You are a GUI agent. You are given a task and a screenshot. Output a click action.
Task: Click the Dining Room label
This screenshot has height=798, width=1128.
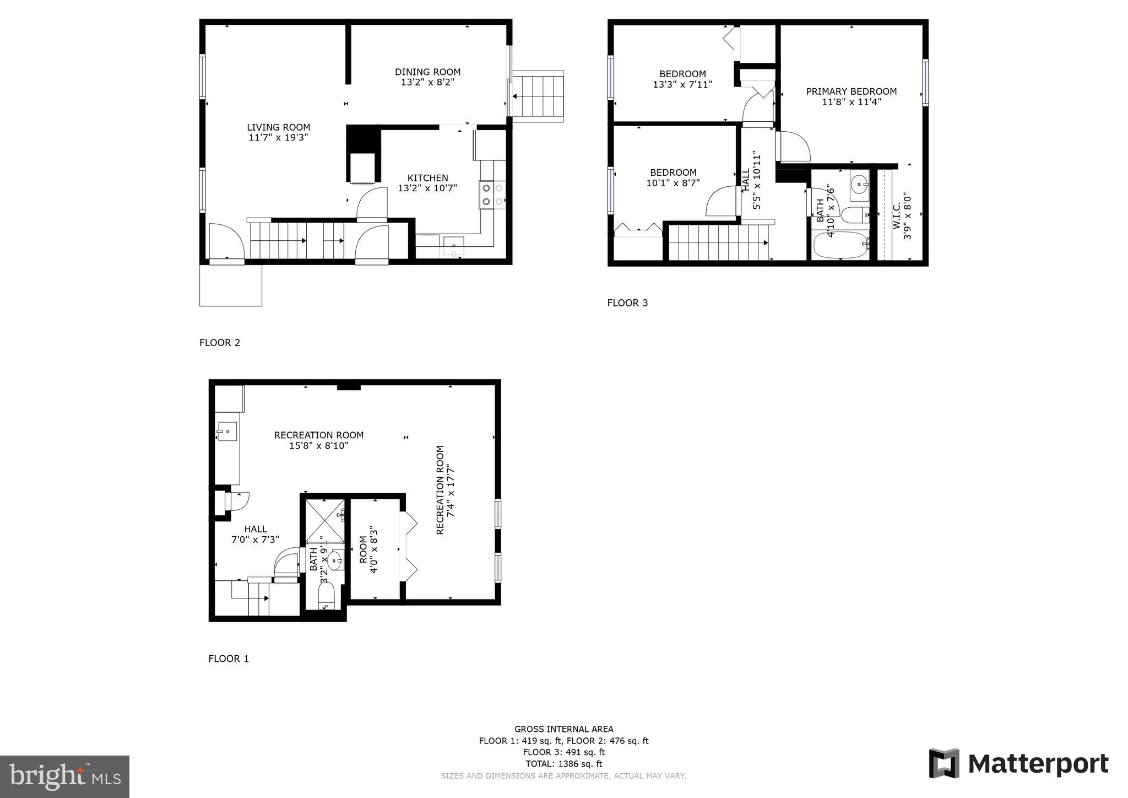point(427,72)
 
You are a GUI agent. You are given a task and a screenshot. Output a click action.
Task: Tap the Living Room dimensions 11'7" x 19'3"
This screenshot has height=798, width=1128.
point(278,138)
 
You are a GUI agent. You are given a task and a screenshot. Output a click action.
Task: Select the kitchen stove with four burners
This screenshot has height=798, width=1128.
point(492,195)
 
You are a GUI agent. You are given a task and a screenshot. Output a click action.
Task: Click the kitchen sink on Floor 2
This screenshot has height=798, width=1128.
point(454,246)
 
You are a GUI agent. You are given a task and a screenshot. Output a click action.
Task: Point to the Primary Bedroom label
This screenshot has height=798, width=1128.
point(851,91)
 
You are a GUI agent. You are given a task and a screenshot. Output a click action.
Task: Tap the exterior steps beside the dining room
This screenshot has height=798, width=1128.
point(538,96)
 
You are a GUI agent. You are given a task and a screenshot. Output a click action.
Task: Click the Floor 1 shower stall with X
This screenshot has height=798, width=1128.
point(324,521)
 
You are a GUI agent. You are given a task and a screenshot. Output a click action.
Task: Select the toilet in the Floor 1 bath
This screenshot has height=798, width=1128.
point(326,596)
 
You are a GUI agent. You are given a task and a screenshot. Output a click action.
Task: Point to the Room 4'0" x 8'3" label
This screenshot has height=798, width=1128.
point(368,554)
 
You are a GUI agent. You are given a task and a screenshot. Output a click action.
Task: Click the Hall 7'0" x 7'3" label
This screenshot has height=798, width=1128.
point(255,534)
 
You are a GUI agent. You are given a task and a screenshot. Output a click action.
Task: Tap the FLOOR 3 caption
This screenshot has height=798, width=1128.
point(627,303)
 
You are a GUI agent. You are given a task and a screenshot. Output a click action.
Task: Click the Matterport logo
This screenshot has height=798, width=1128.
point(1018,764)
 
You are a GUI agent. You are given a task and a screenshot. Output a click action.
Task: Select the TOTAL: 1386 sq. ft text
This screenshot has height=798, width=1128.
point(563,764)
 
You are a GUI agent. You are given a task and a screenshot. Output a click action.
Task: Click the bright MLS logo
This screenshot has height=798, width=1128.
point(64,777)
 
